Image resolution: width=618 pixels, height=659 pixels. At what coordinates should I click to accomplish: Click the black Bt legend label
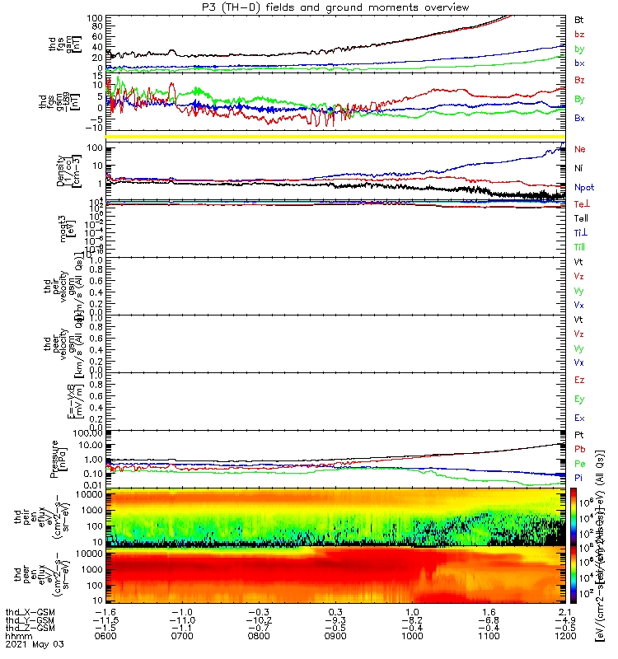(579, 19)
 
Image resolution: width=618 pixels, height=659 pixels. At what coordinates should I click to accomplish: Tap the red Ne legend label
(579, 149)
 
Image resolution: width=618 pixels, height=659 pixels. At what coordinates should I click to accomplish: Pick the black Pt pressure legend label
(579, 434)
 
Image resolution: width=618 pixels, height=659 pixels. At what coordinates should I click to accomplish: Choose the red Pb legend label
(579, 449)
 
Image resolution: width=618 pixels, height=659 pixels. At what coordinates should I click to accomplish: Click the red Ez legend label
(579, 380)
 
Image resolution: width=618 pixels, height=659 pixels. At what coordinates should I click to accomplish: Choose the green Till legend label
(581, 247)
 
